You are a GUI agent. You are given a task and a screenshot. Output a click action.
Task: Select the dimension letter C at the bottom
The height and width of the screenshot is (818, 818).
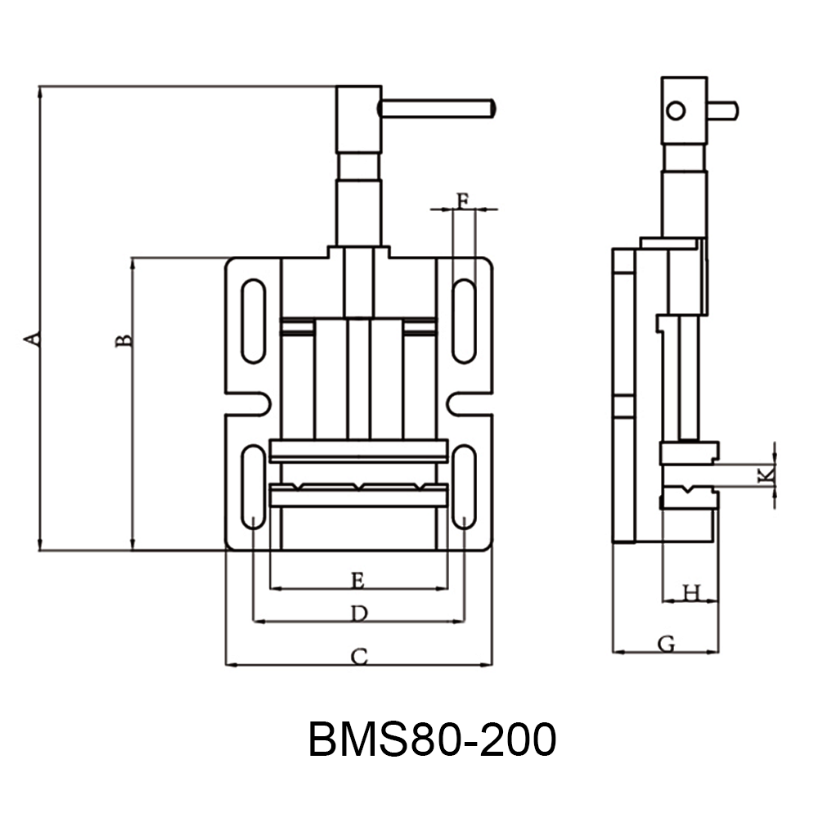click(x=359, y=655)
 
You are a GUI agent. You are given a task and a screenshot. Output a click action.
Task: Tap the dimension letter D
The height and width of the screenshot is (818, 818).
click(x=358, y=613)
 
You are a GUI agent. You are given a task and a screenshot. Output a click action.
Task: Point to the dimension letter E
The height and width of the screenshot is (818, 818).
click(x=357, y=580)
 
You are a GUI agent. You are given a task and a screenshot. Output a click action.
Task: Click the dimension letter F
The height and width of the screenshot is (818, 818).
click(x=463, y=200)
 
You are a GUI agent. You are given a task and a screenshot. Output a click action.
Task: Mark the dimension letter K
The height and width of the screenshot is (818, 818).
click(x=764, y=474)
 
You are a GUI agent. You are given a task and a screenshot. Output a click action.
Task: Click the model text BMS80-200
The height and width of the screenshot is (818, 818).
click(x=432, y=740)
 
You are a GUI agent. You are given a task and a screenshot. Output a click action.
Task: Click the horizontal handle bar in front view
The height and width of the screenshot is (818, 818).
click(x=438, y=108)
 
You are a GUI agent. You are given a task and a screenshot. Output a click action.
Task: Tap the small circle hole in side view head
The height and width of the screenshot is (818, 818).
click(x=675, y=110)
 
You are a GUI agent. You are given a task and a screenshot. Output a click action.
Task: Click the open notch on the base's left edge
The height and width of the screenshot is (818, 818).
click(x=248, y=403)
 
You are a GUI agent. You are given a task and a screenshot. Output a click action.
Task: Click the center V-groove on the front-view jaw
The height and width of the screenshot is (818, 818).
click(x=359, y=488)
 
